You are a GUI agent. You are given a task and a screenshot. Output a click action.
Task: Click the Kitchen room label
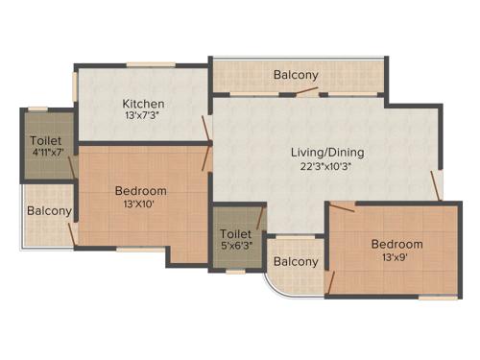[x=143, y=104]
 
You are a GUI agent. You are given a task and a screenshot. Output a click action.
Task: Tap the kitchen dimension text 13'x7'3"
[x=143, y=117]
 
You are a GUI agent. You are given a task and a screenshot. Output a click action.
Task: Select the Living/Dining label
[x=328, y=151]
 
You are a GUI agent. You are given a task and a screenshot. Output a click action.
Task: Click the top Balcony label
[x=296, y=75]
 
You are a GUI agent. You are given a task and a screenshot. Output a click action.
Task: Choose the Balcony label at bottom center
[x=296, y=262]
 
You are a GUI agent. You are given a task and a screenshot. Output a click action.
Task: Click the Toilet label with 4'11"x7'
[x=46, y=141]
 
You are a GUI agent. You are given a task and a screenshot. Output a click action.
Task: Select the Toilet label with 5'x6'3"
[x=236, y=234]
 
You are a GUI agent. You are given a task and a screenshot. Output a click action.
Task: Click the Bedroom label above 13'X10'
[x=141, y=190]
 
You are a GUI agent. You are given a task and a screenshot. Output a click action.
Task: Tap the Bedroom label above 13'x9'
[x=396, y=244]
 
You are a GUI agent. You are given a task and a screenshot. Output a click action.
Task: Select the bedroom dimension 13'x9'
[x=396, y=258]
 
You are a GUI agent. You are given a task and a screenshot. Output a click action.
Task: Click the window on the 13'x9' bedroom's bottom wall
[x=437, y=298]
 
